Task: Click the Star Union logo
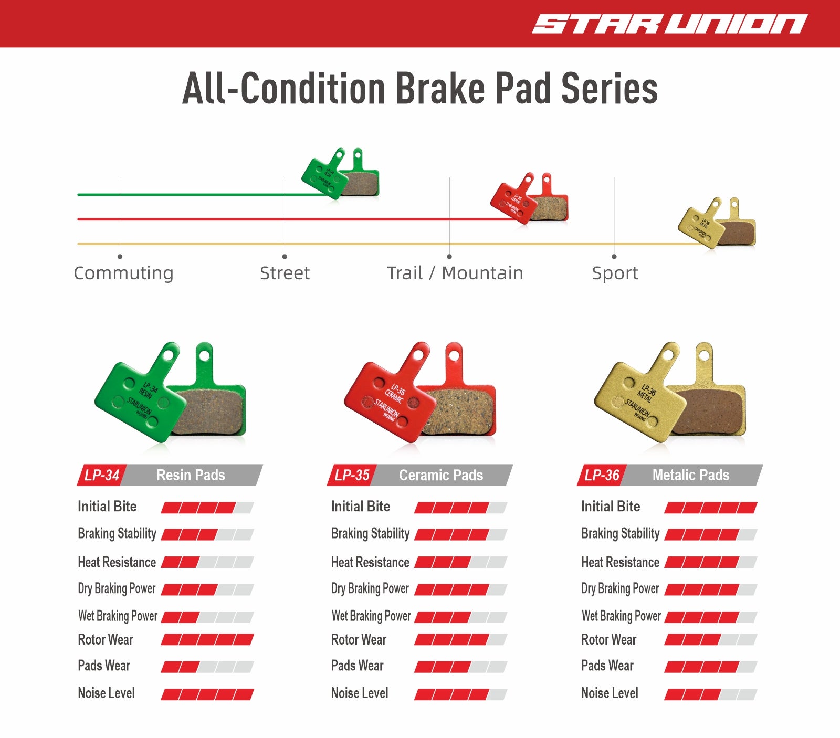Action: tap(670, 24)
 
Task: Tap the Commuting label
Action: tap(123, 273)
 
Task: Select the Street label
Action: tap(285, 273)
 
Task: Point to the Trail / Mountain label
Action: tap(455, 273)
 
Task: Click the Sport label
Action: tap(615, 273)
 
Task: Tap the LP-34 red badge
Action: tap(102, 475)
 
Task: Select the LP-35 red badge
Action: tap(352, 475)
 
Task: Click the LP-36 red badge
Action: tap(602, 475)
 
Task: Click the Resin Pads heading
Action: tap(191, 475)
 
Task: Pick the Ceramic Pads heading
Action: tap(441, 475)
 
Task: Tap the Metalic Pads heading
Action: tap(691, 475)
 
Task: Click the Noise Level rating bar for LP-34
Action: tap(207, 694)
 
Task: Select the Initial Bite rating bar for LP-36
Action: tap(711, 508)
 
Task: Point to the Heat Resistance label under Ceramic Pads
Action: tap(370, 562)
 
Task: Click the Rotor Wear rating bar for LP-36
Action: tap(711, 640)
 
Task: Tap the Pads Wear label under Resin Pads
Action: tap(104, 666)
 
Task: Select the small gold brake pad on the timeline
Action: tap(717, 223)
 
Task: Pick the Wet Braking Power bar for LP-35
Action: tap(461, 617)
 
